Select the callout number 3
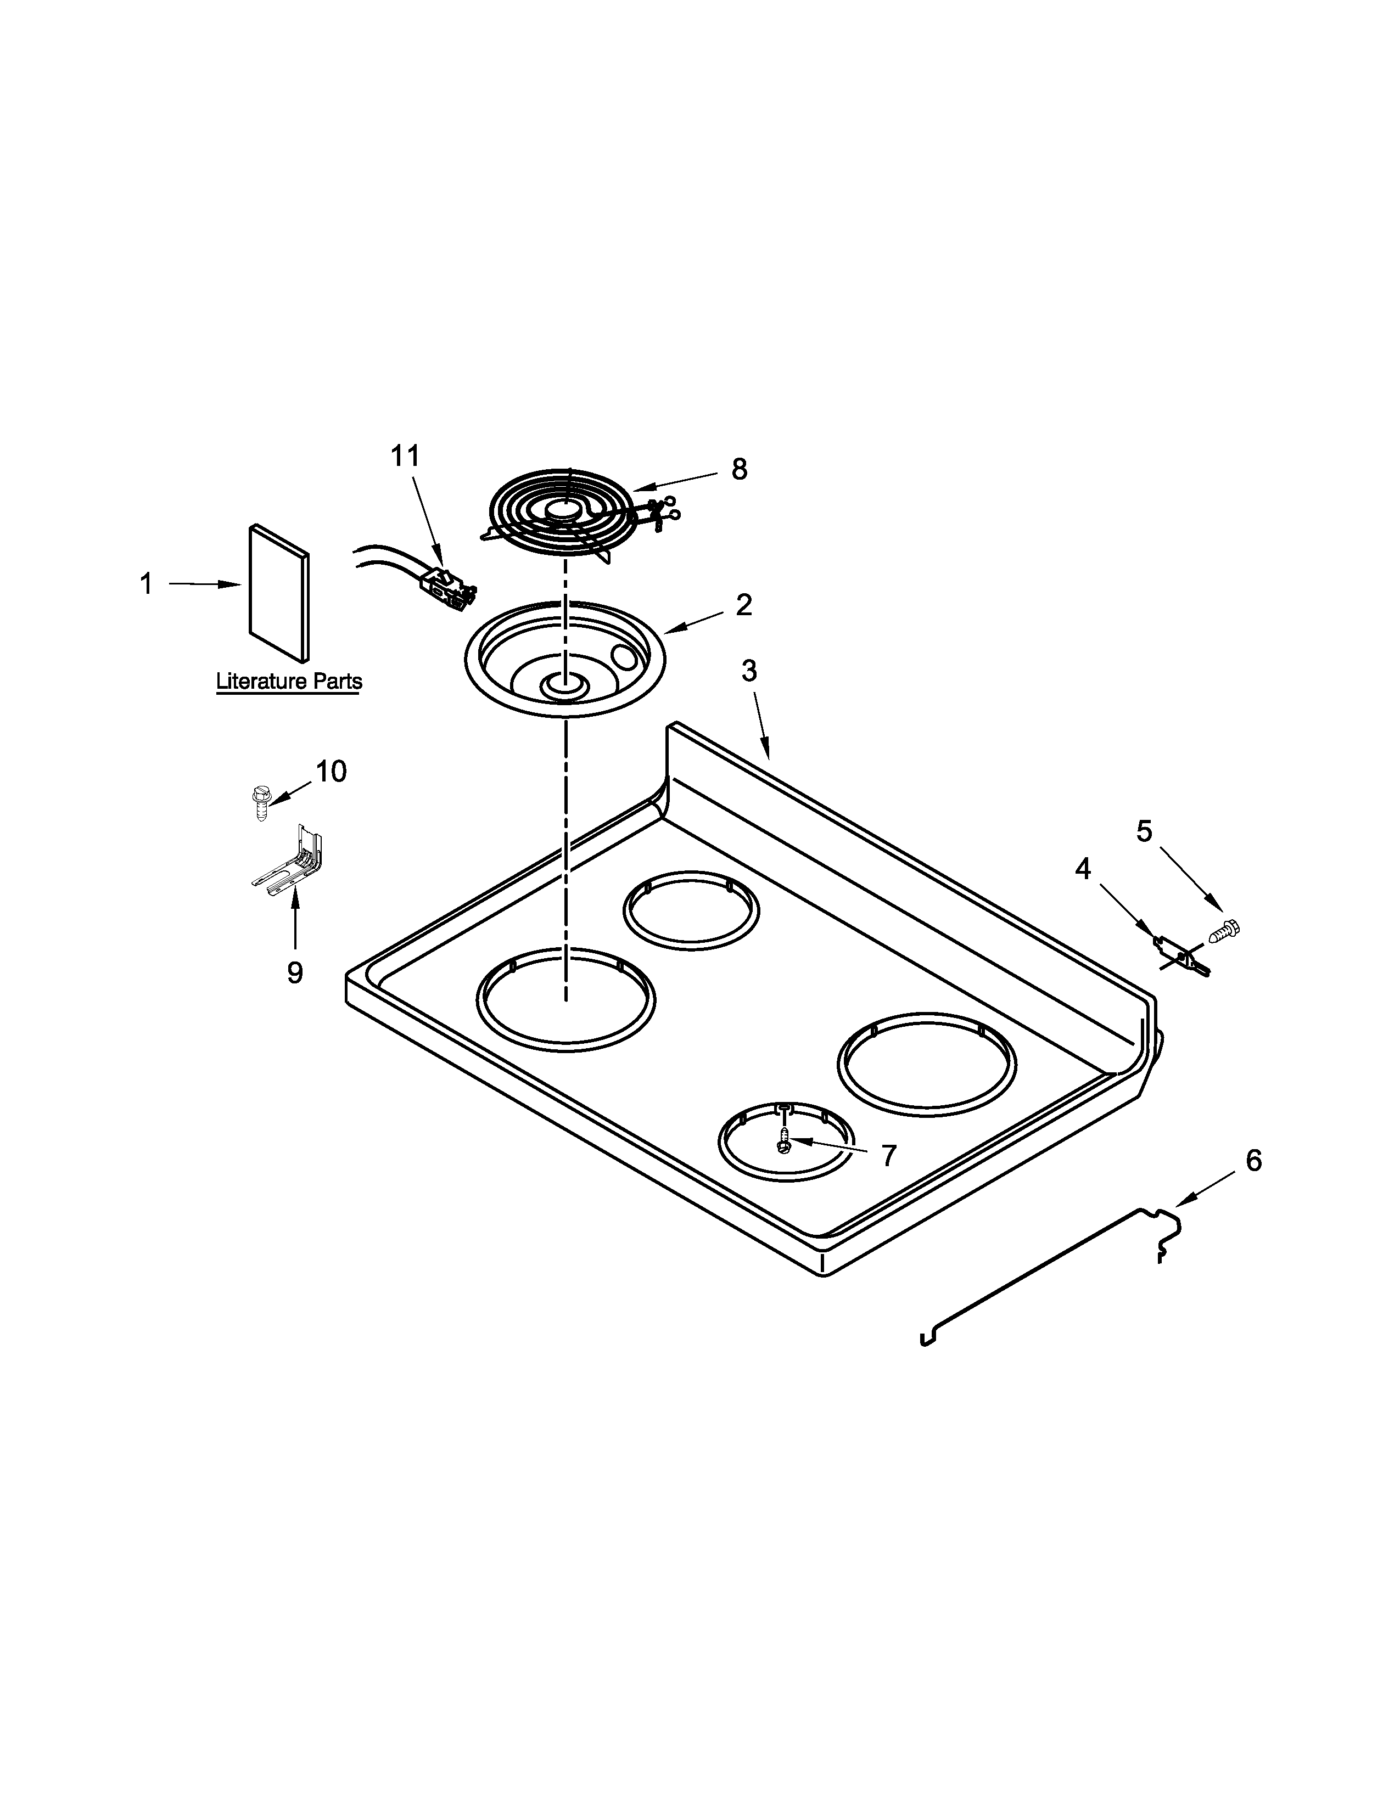749,671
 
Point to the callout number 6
1253,1161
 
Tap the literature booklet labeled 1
279,593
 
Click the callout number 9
294,972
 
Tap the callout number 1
146,584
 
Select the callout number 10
331,771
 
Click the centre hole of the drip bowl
564,686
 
